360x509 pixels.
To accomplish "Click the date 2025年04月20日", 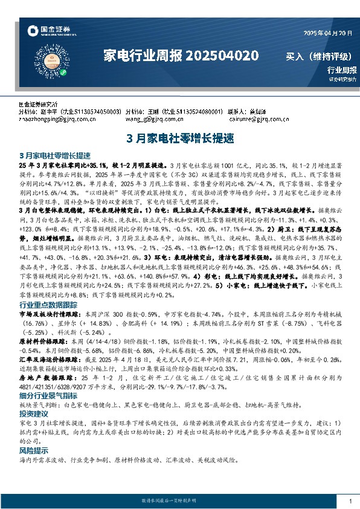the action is tap(324, 33).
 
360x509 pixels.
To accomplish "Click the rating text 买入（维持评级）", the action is tap(318, 57).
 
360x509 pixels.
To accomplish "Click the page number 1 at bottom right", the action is tap(350, 502).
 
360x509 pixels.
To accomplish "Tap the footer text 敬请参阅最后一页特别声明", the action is tap(179, 502).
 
